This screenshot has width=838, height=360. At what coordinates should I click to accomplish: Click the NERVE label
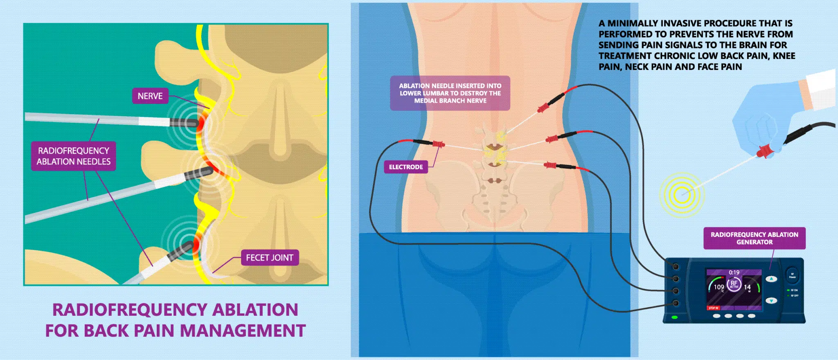point(150,96)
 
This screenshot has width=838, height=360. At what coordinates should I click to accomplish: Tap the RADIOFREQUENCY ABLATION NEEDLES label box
point(74,156)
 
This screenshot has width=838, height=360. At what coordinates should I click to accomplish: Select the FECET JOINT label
point(270,258)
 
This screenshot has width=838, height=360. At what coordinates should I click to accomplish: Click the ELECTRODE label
point(405,167)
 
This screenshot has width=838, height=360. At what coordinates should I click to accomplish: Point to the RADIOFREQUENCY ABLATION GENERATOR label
point(754,238)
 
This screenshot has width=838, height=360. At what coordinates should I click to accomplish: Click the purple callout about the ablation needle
point(450,93)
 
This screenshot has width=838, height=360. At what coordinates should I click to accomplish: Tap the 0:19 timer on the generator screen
point(734,272)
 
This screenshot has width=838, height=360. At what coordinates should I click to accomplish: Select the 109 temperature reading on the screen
point(719,287)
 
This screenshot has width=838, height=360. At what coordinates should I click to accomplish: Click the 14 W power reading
point(747,287)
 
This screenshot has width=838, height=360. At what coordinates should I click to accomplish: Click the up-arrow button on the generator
point(771,279)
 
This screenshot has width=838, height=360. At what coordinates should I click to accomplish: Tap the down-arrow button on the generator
point(771,301)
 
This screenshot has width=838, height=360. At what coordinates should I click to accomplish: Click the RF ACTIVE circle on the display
point(734,284)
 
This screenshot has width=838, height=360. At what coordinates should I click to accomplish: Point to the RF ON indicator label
point(794,290)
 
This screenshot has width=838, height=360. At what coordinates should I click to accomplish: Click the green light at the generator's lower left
point(675,317)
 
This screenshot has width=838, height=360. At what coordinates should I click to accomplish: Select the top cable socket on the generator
point(676,267)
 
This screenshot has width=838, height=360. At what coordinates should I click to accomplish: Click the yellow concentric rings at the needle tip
point(682,194)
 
